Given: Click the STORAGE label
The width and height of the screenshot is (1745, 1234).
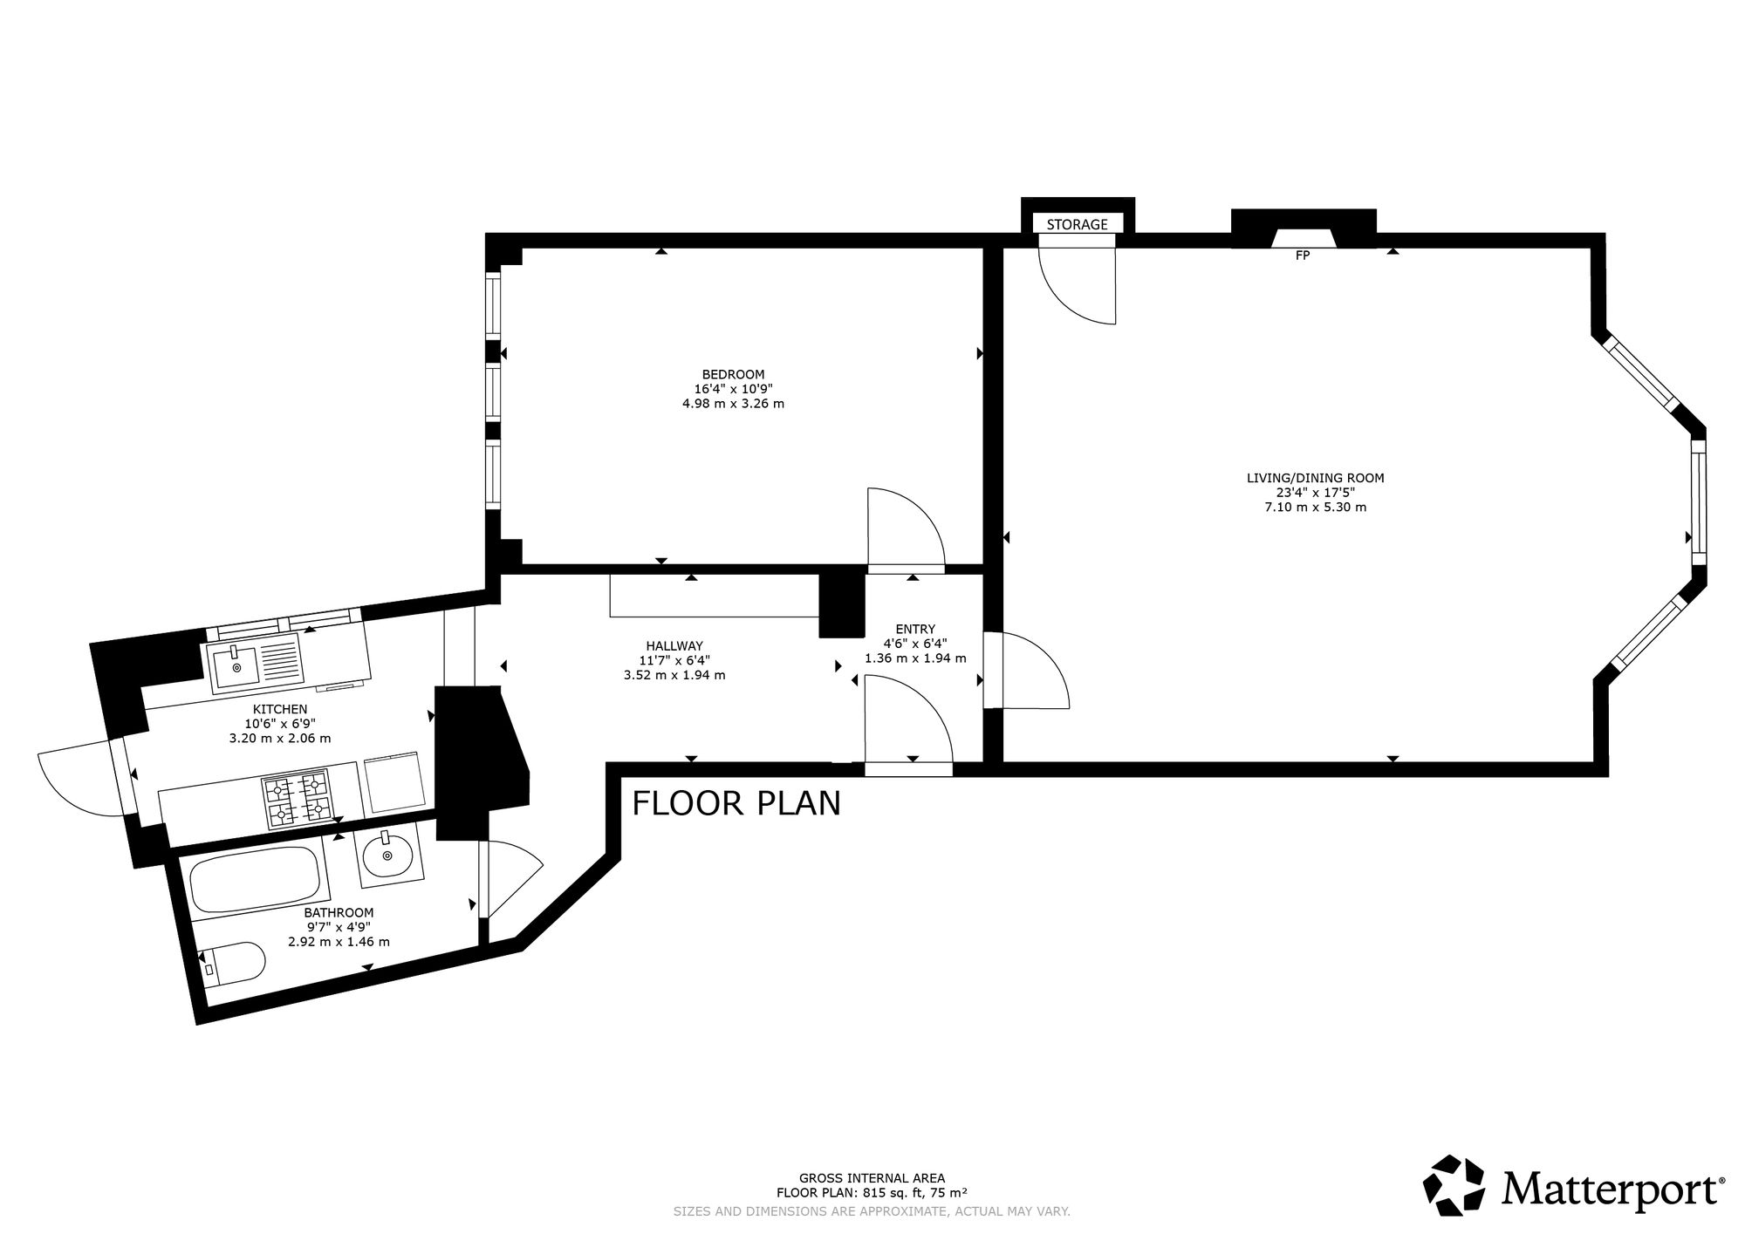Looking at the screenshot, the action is click(x=1077, y=225).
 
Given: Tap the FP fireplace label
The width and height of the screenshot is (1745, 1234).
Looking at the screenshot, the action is click(x=1303, y=256).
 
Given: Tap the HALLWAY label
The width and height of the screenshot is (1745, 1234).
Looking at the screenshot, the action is click(x=674, y=646).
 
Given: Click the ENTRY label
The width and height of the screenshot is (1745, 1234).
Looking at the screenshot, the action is click(x=915, y=629).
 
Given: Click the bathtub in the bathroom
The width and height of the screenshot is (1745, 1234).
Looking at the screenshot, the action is click(x=255, y=878).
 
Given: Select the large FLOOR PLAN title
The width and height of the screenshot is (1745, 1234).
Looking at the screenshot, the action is click(x=736, y=803).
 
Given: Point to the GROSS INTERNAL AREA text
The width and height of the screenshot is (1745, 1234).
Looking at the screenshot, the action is click(x=872, y=1177).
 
